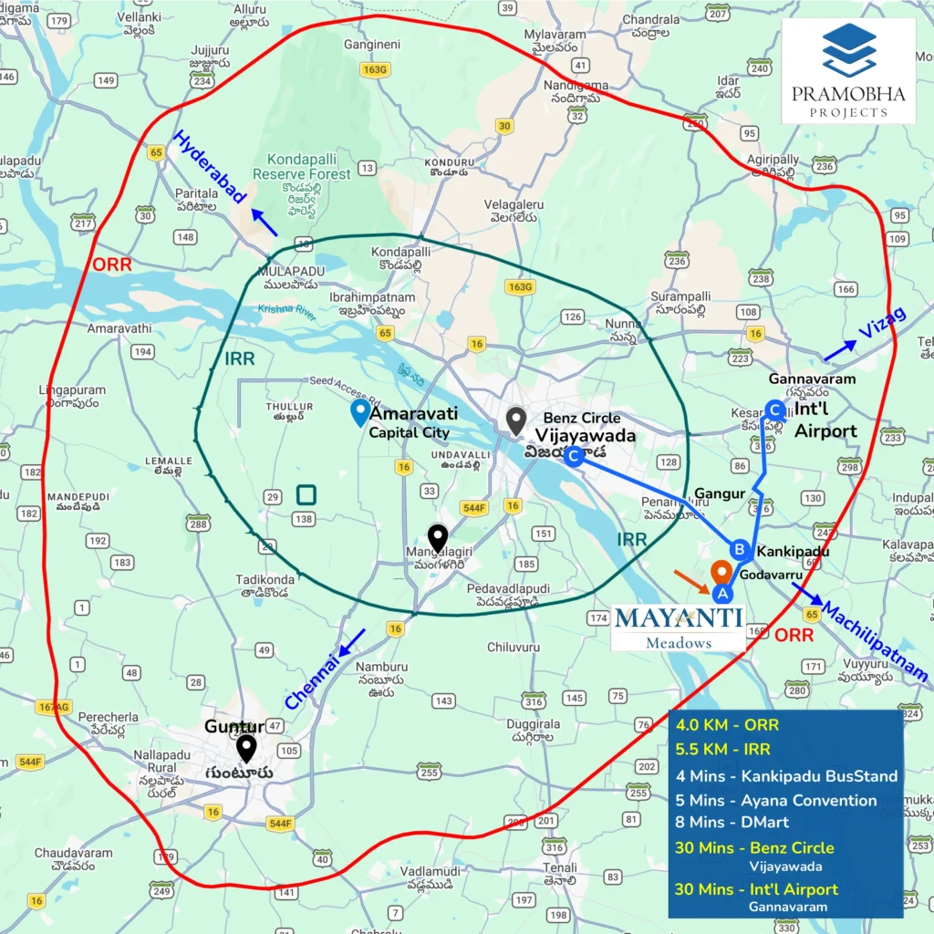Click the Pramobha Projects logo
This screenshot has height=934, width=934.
(848, 71)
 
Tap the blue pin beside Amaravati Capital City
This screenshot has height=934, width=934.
(361, 412)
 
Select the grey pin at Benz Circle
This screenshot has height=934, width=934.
(516, 420)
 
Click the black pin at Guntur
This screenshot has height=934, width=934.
(245, 748)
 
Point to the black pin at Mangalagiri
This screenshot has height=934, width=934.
(438, 538)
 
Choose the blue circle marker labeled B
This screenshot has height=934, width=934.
(741, 550)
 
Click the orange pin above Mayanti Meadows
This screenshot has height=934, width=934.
(721, 572)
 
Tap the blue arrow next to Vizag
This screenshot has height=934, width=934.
(839, 350)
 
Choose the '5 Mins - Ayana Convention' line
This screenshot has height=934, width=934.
(775, 800)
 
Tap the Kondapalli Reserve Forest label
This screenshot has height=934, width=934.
(301, 166)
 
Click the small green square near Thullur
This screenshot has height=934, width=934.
(306, 495)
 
